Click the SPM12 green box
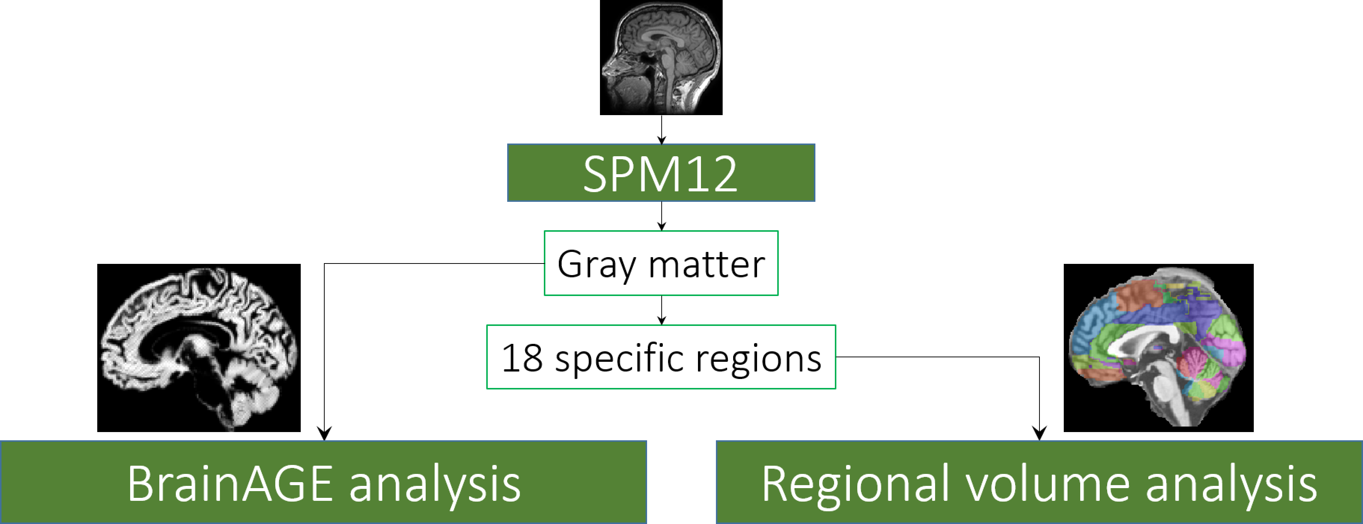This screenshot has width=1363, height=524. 661,173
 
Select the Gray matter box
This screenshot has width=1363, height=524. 661,263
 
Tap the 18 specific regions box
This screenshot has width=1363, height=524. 661,357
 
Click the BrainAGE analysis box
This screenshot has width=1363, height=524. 323,482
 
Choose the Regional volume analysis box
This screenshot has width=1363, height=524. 1039,482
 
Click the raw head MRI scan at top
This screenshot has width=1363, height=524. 661,57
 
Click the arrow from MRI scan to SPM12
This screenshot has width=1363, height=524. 661,130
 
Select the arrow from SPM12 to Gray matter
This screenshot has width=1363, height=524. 661,216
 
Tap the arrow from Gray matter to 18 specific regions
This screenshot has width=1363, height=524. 661,310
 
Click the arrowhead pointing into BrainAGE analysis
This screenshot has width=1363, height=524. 324,434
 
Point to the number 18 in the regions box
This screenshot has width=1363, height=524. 522,358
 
